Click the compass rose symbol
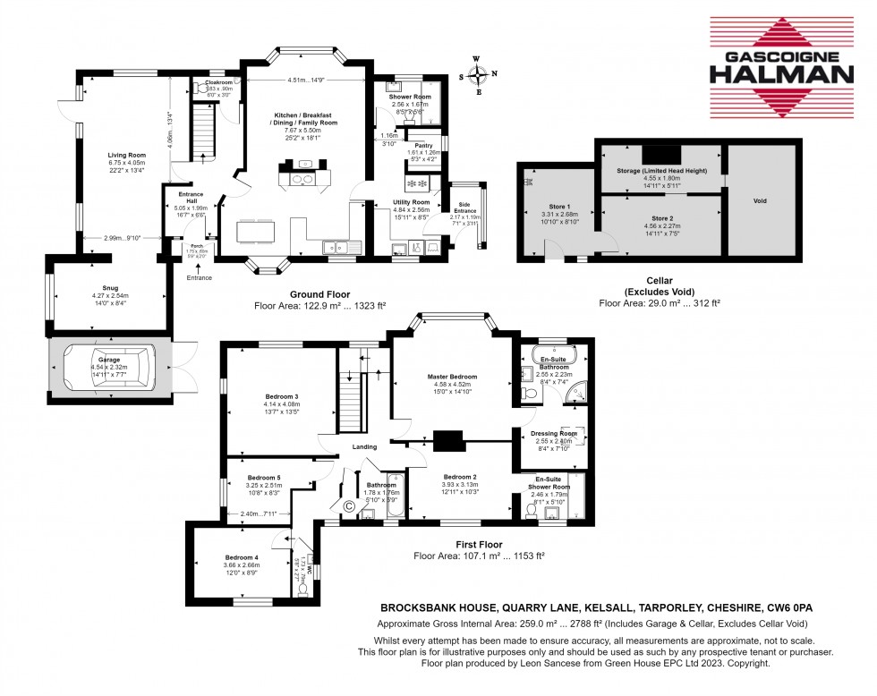[479, 74]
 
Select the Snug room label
[109, 288]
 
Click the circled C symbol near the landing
[349, 506]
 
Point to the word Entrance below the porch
[199, 278]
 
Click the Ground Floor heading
[319, 294]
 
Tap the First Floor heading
[479, 544]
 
